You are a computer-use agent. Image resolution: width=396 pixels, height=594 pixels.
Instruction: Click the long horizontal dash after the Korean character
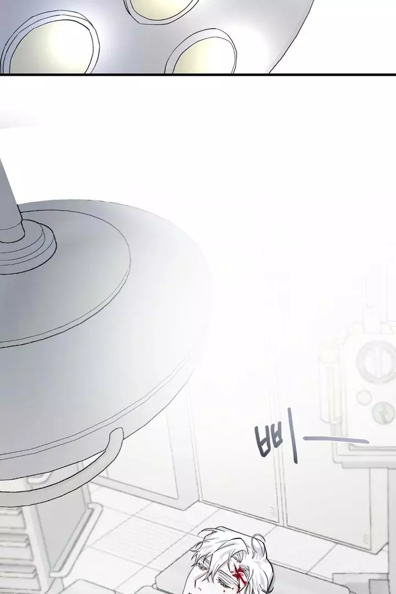click(x=336, y=439)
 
